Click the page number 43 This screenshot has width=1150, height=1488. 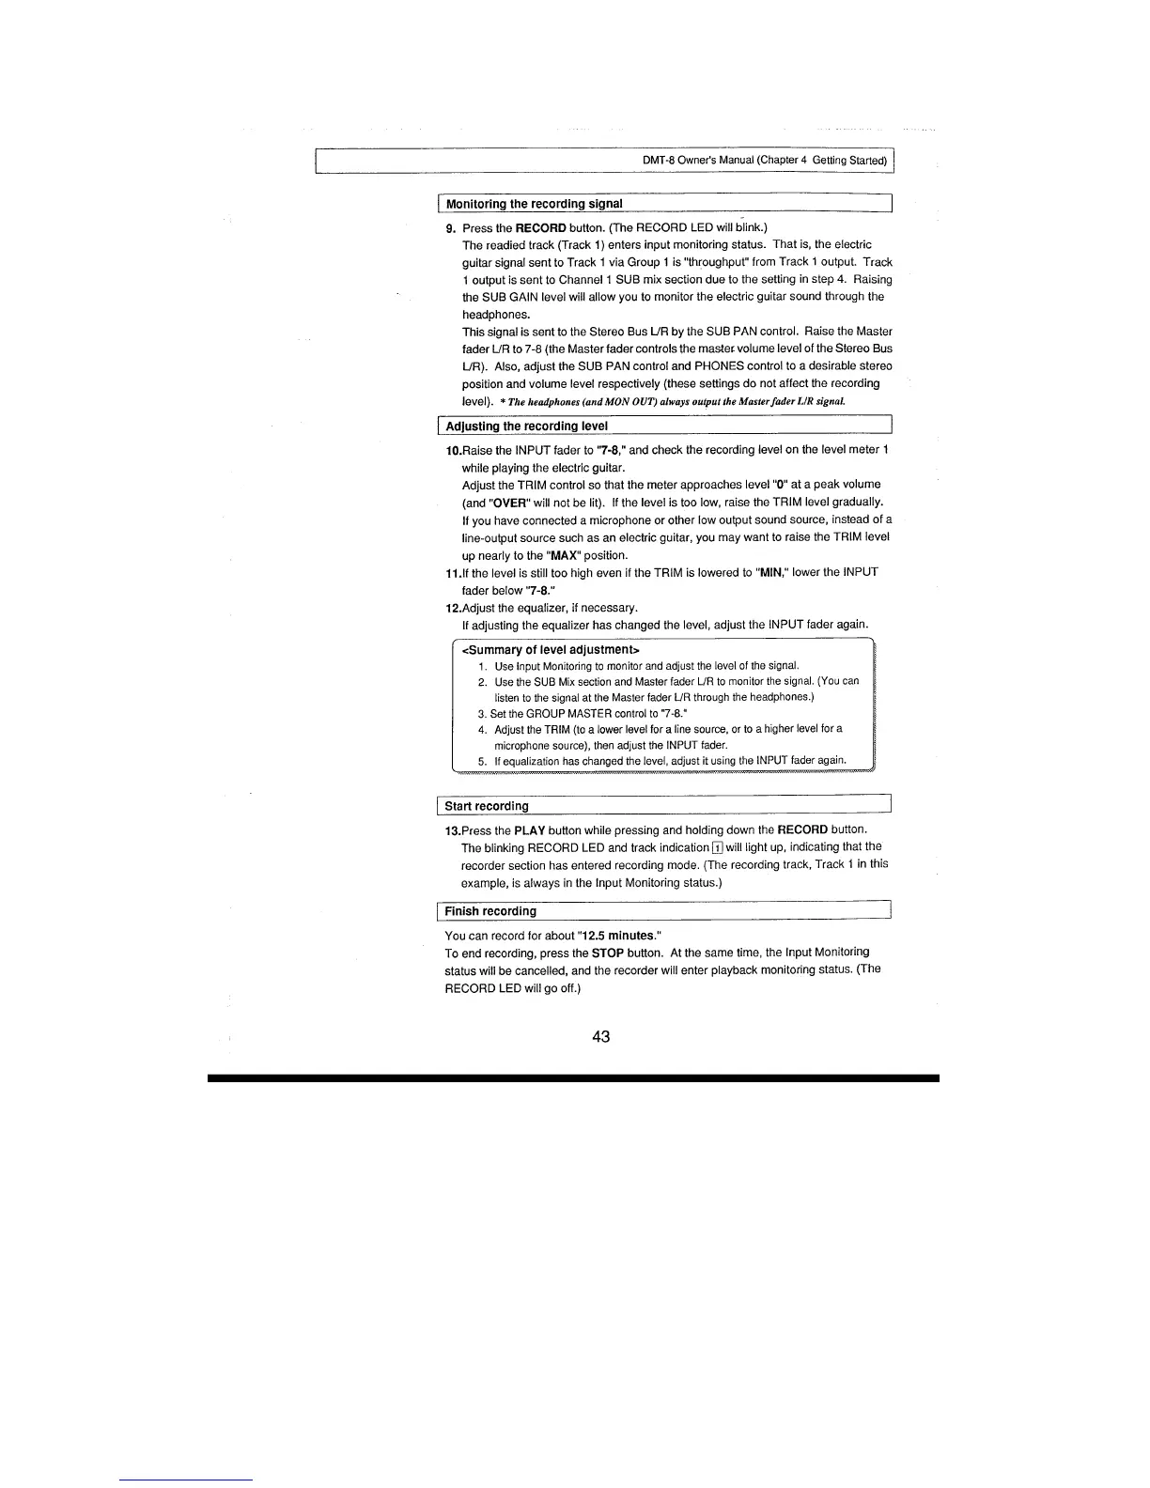(x=601, y=1036)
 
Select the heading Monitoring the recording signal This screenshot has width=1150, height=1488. (x=534, y=204)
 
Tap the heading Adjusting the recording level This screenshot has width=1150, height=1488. (x=526, y=426)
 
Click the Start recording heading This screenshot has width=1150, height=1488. (x=487, y=806)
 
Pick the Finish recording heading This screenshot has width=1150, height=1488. (x=490, y=911)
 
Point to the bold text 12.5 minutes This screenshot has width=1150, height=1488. (x=617, y=936)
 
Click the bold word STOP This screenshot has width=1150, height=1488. (x=608, y=953)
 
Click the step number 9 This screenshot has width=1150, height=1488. (x=450, y=228)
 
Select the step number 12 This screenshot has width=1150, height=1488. (x=452, y=608)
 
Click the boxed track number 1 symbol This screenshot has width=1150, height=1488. (x=717, y=848)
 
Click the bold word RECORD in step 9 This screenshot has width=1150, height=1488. (x=540, y=228)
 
